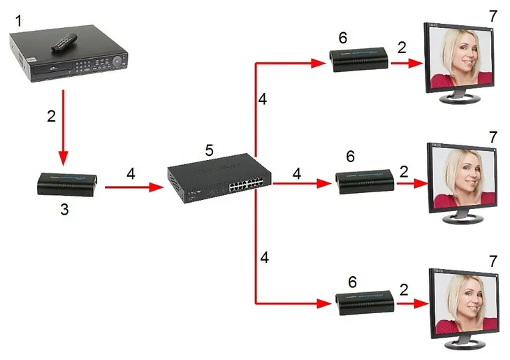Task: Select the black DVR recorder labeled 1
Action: click(70, 59)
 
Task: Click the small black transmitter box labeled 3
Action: click(68, 185)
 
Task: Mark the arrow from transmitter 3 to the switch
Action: click(137, 187)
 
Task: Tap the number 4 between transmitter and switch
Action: click(131, 172)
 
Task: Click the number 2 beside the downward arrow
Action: click(51, 116)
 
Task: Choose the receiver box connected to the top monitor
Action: click(358, 61)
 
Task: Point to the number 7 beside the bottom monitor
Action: click(493, 261)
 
